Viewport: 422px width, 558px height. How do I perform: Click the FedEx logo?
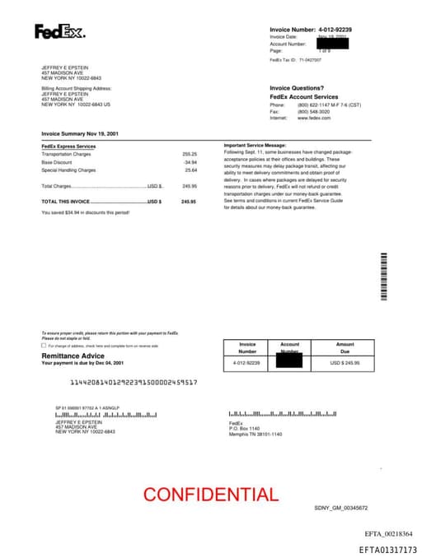(59, 32)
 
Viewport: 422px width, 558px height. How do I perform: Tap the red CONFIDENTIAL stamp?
(211, 495)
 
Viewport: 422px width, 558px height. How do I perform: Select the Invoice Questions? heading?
(297, 88)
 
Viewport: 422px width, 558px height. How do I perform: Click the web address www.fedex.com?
(314, 118)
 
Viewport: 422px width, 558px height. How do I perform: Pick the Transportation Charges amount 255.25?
(190, 154)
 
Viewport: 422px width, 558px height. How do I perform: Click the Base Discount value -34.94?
(190, 162)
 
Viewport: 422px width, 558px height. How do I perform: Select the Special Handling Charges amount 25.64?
(190, 170)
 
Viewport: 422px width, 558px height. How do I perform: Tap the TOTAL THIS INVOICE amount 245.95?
(189, 201)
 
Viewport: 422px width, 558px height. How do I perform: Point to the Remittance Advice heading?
(73, 356)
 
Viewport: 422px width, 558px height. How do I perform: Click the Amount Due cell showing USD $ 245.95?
(345, 362)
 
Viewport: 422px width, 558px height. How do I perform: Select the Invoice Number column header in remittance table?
(247, 347)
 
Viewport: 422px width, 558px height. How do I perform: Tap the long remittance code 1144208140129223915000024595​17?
(134, 383)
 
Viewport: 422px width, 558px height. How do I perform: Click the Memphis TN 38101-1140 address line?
(255, 434)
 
